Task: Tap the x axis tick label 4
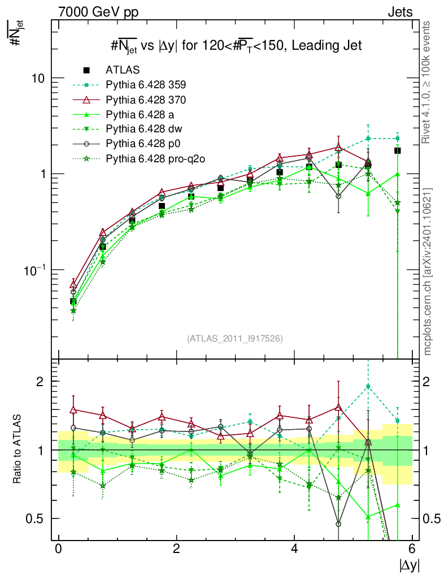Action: [294, 549]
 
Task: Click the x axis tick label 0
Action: [58, 549]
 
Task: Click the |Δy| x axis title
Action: [408, 565]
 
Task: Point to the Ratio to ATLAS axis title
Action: [19, 450]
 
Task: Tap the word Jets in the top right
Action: [399, 11]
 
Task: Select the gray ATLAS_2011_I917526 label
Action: [235, 338]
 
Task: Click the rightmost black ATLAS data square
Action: [398, 150]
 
